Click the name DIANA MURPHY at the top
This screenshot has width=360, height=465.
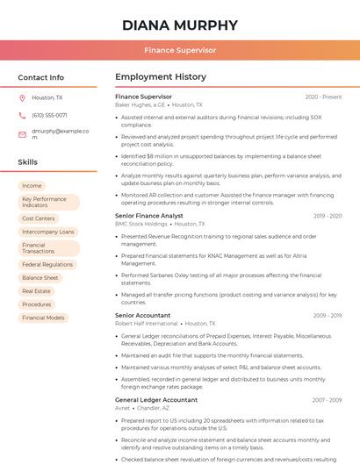click(x=180, y=25)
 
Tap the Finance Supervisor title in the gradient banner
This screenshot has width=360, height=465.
click(x=180, y=50)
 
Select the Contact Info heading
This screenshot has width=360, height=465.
click(x=41, y=77)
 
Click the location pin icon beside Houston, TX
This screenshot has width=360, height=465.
click(x=22, y=98)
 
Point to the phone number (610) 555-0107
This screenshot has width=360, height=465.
click(x=49, y=115)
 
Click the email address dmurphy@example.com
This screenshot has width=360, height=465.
click(x=60, y=132)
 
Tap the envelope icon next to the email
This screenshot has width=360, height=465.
click(x=22, y=133)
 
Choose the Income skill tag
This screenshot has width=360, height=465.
click(x=32, y=186)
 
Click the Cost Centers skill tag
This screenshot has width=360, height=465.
click(x=39, y=218)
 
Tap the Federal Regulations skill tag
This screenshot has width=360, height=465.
click(x=47, y=264)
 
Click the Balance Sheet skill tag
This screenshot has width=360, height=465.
click(x=40, y=277)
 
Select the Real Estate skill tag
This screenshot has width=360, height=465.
click(x=37, y=290)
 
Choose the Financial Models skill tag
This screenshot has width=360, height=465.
click(x=43, y=318)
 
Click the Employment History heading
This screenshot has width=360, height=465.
click(x=161, y=77)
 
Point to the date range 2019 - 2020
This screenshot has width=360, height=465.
click(x=327, y=216)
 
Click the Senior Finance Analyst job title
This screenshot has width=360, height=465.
click(x=149, y=216)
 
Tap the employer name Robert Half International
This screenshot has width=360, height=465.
click(x=146, y=323)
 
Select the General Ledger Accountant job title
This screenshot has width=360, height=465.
click(x=156, y=400)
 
